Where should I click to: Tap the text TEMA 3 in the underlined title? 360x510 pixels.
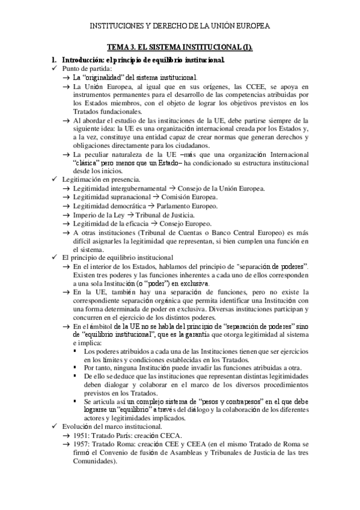pos(121,46)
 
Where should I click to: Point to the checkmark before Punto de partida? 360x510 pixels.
pos(55,69)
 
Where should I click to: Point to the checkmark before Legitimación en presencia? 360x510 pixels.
pos(55,179)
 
